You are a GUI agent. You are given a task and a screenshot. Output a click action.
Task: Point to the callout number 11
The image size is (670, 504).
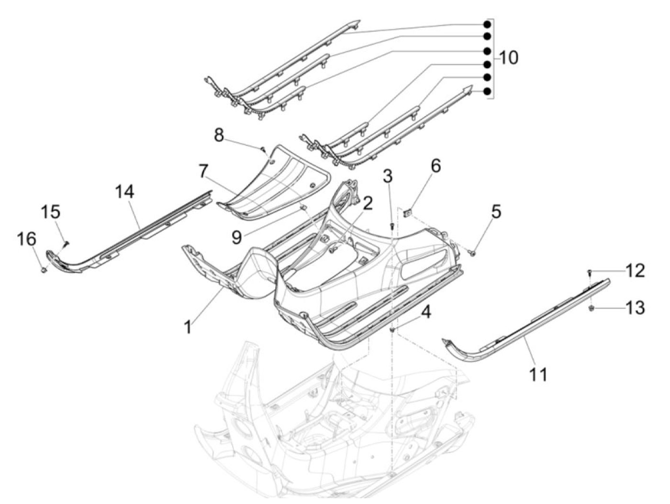pos(538,374)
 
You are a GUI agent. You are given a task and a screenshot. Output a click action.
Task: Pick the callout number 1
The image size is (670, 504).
pos(189,327)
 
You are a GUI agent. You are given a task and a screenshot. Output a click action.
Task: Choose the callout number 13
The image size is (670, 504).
pos(635,307)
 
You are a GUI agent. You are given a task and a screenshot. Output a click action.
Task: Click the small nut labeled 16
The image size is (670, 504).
pos(44,270)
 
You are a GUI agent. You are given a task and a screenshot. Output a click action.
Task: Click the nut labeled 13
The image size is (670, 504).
pos(591,308)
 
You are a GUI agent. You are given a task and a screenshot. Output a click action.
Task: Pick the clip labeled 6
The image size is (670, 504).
pos(406,211)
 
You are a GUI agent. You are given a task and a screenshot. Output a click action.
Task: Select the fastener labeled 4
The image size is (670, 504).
pos(392,329)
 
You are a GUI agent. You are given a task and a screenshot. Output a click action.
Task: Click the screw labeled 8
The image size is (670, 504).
pos(262,149)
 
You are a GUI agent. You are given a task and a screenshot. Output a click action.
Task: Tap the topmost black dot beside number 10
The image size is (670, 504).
pos(488,24)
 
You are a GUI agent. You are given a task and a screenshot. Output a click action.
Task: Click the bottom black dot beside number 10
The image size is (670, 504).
pos(488,91)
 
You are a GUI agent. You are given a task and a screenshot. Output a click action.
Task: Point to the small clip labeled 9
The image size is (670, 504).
pos(303,208)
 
